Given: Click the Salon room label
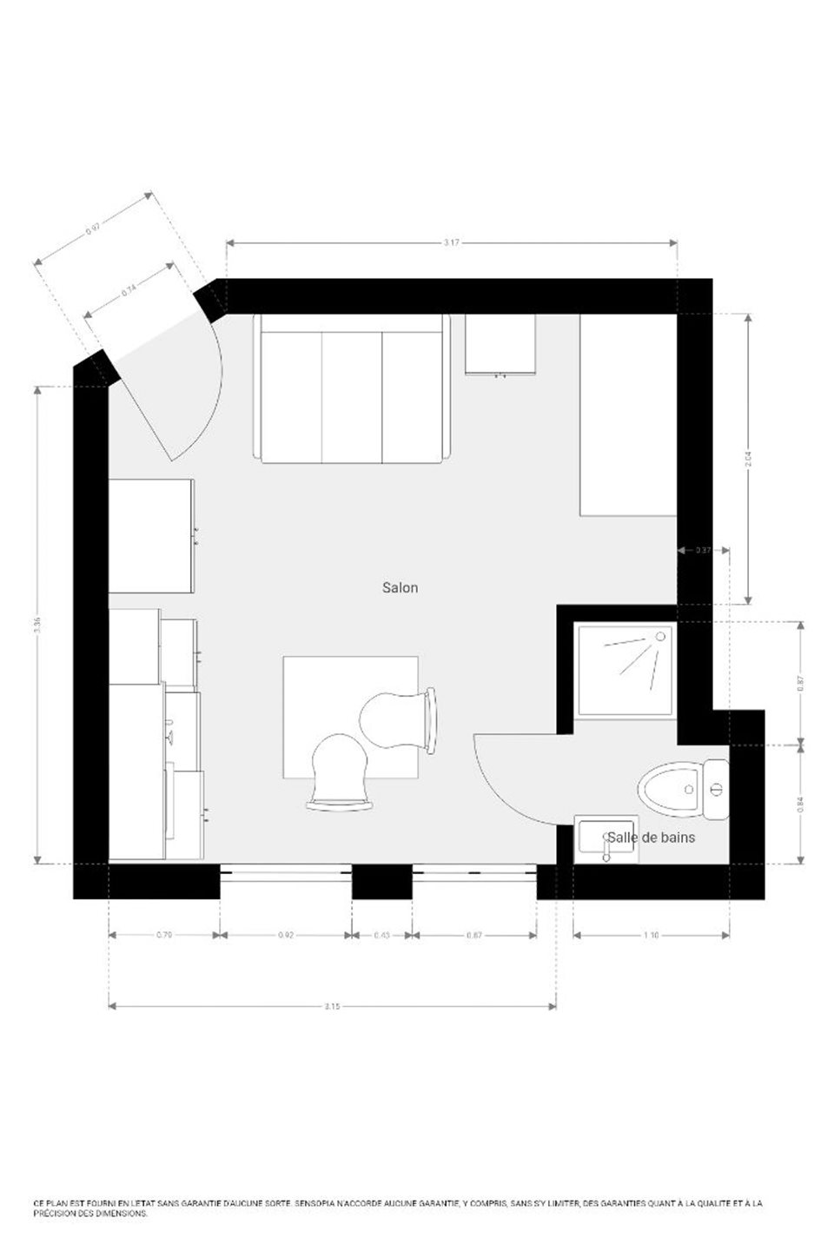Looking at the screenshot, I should (400, 588).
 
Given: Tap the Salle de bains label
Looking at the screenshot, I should (651, 837).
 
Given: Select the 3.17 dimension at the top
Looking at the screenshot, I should (451, 243).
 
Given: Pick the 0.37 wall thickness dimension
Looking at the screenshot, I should (704, 550).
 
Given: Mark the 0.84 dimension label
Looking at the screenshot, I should (800, 803).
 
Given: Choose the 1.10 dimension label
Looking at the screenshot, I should (652, 936).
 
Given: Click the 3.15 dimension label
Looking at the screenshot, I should (332, 1007).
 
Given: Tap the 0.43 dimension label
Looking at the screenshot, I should (381, 936).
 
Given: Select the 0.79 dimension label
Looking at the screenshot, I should (163, 936).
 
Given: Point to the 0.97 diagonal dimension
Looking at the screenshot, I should (93, 229).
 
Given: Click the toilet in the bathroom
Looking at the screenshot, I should (682, 789).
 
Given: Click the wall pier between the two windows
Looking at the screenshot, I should (381, 882).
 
